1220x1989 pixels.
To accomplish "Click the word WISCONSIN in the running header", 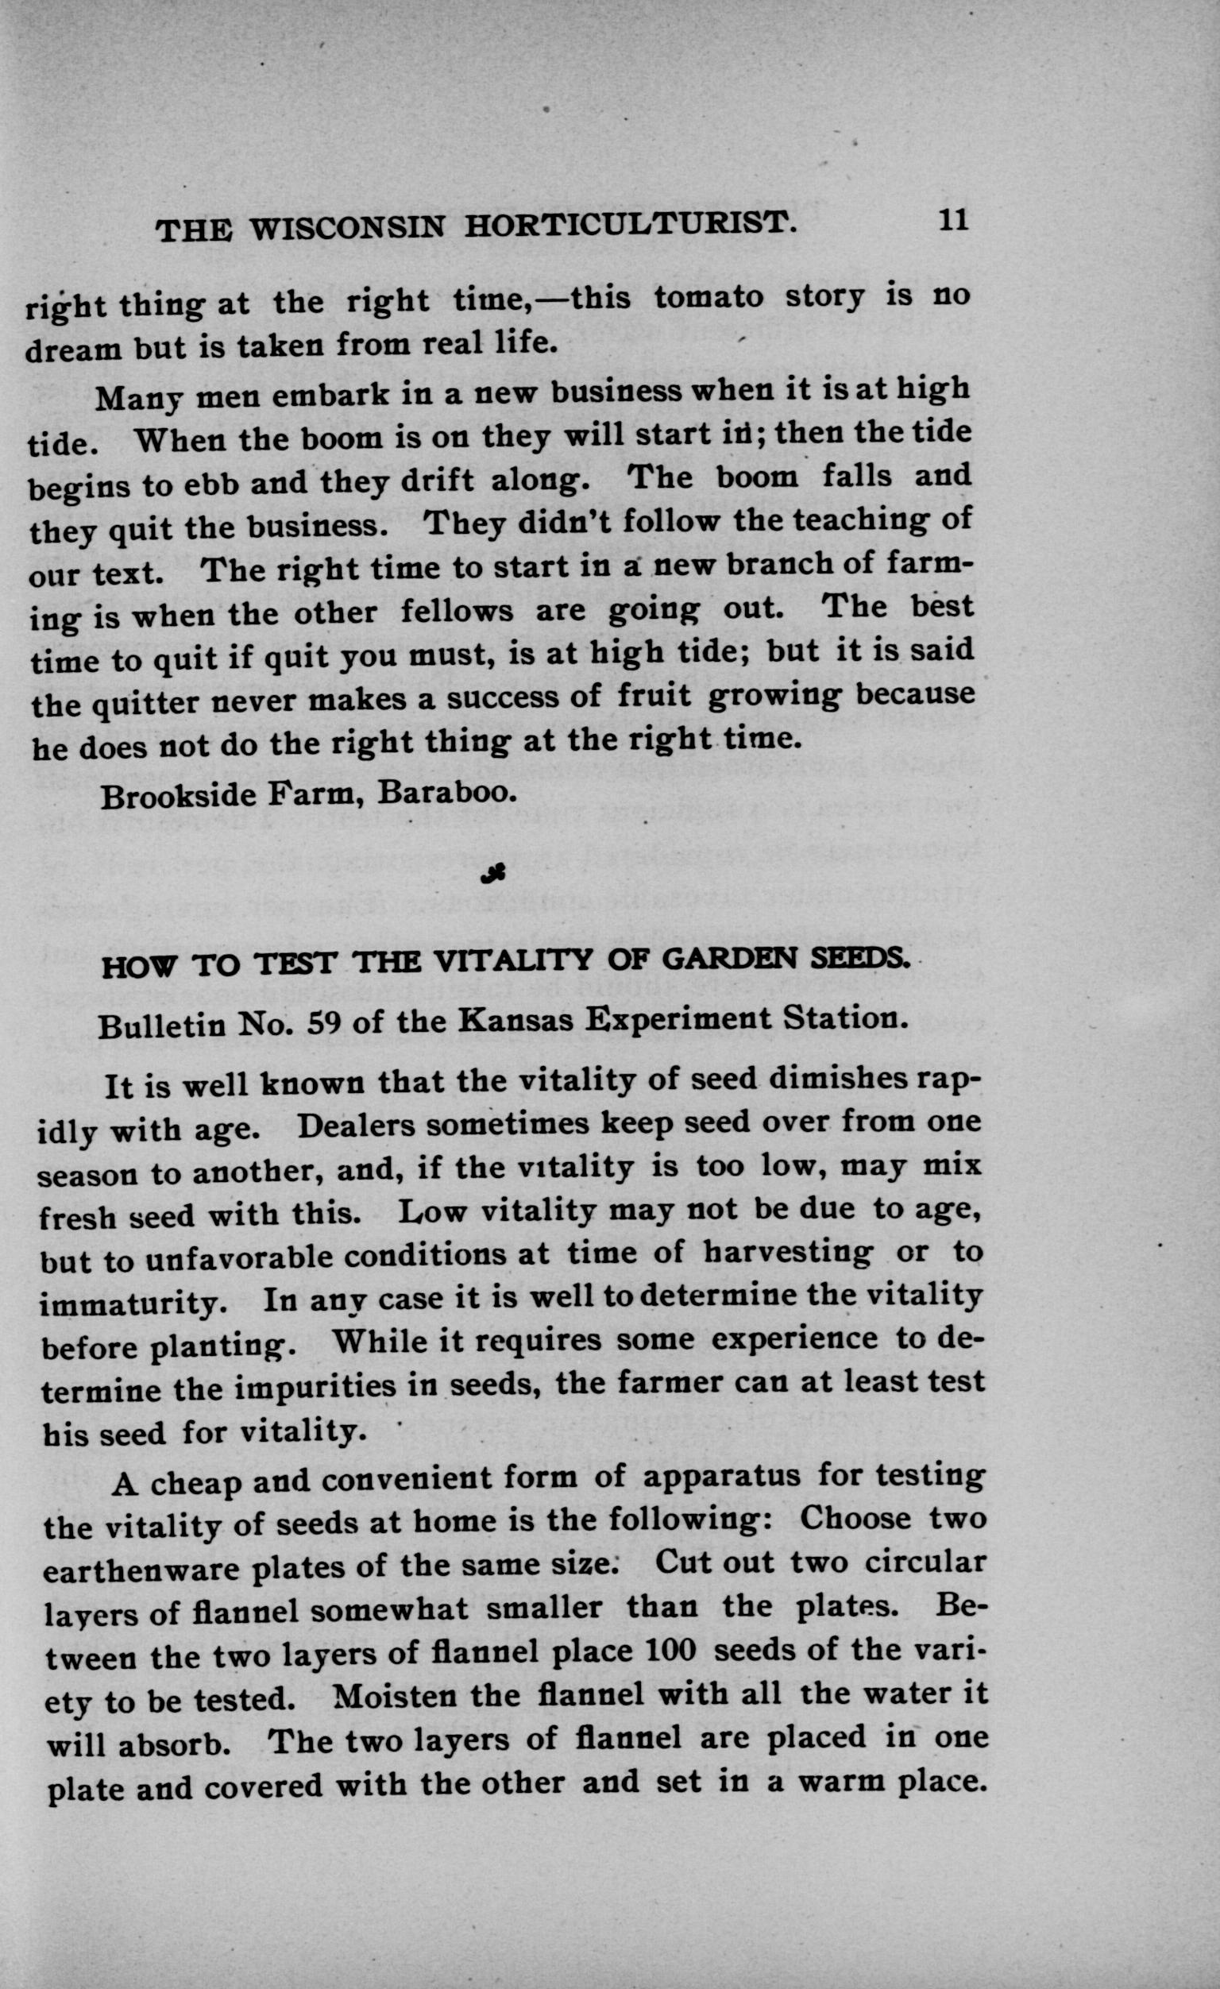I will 346,229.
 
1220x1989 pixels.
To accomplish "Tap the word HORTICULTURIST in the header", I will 626,225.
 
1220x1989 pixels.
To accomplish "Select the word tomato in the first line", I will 708,297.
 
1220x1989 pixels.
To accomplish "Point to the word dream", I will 72,350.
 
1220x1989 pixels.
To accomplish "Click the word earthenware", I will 141,1571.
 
